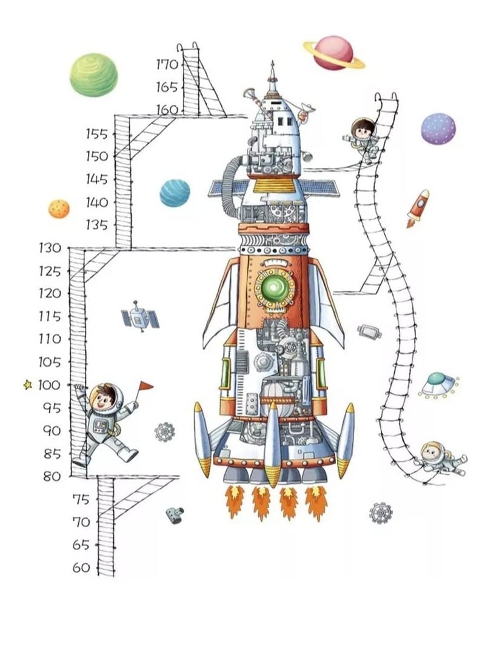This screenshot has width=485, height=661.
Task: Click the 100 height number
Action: (49, 385)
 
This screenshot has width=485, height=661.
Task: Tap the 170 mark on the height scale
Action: (166, 64)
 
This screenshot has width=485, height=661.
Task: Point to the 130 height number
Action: (49, 248)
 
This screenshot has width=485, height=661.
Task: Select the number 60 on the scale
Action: (81, 568)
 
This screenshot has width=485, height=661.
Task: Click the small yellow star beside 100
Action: (27, 384)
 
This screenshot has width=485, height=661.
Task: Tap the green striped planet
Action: (93, 75)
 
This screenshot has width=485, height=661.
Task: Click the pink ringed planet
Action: (334, 53)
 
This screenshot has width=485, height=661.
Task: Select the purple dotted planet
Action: (438, 129)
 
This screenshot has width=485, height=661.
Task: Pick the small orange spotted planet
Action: (59, 208)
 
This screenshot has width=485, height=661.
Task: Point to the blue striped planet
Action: (175, 193)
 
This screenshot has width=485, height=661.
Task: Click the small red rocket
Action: (418, 208)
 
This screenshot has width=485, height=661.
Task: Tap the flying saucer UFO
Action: (438, 385)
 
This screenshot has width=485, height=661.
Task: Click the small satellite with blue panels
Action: (140, 316)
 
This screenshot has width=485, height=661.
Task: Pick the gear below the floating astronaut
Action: (381, 513)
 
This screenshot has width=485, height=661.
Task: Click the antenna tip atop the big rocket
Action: (272, 62)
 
